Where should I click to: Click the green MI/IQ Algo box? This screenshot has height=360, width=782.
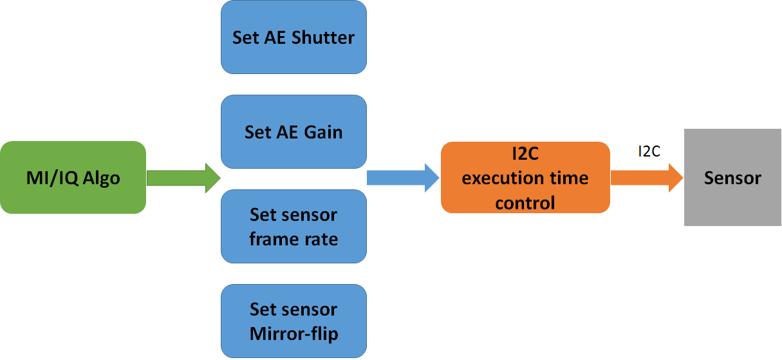coord(73,177)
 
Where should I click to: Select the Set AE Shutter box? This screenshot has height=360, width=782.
coord(293,37)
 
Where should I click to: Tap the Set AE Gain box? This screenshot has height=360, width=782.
coord(293,132)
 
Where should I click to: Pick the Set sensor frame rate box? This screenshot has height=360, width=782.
coord(293,226)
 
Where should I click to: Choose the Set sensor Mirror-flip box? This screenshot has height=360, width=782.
coord(293,321)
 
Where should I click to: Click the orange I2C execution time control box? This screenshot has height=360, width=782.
coord(525,177)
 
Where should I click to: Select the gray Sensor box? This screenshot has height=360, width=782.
coord(732,177)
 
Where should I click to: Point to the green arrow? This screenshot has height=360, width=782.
coord(183,177)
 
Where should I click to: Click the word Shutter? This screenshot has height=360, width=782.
coord(323,37)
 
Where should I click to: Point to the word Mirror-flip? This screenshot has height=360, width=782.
coord(293,334)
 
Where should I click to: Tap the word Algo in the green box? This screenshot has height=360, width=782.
coord(100,178)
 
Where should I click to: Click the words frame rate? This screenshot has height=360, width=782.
coord(293,239)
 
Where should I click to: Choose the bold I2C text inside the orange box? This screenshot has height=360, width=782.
coord(525,154)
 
